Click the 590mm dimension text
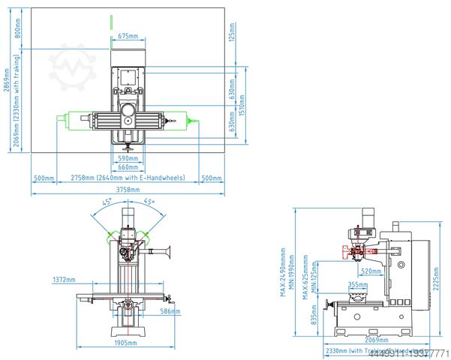click(128, 158)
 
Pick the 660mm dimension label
click(128, 167)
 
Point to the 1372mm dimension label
click(65, 279)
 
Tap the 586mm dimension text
click(170, 310)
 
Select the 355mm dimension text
click(358, 285)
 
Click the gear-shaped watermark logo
click(73, 67)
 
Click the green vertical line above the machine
click(110, 25)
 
